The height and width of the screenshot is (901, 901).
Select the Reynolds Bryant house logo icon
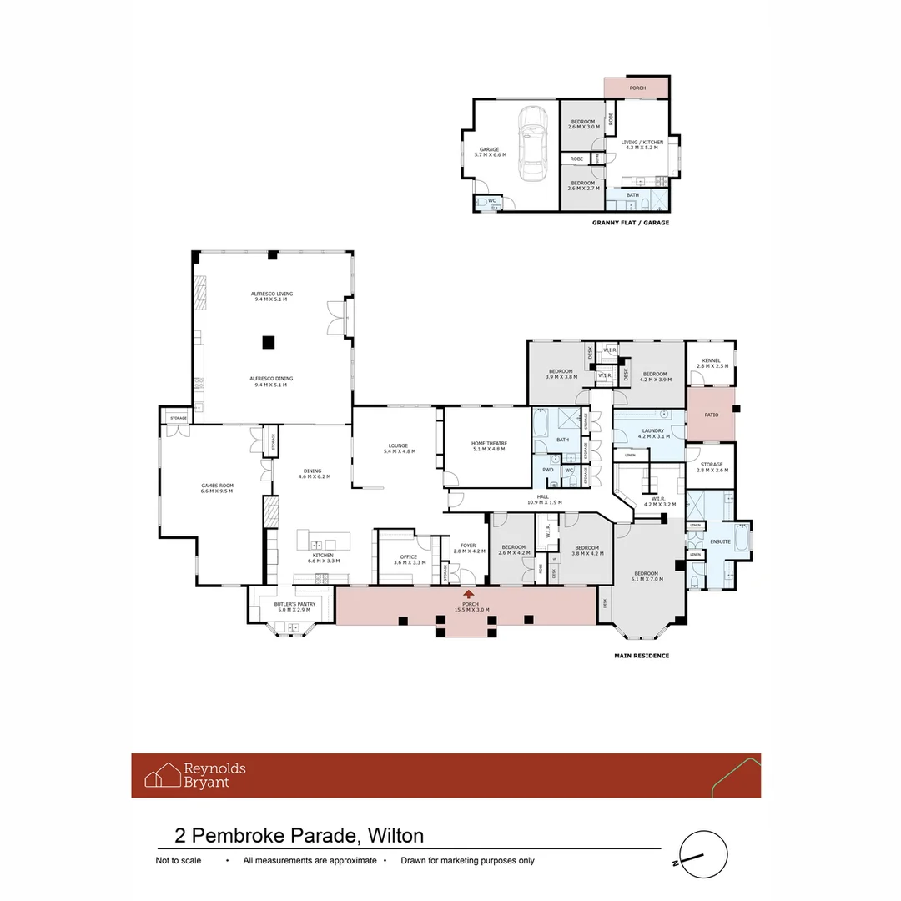[163, 775]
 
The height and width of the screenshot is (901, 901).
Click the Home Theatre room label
[488, 445]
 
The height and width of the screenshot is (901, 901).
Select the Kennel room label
[711, 363]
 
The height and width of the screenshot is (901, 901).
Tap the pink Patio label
[712, 415]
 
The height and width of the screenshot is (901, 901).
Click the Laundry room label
[653, 433]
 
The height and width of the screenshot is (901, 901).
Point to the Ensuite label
[720, 541]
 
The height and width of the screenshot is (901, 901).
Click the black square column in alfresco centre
[269, 340]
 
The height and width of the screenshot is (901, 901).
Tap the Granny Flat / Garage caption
[630, 223]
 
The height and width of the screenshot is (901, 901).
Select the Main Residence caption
[641, 656]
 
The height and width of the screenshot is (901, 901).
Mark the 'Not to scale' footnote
[179, 860]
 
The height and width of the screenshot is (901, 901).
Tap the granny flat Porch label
[637, 88]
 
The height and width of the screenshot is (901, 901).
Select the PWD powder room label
[548, 470]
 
